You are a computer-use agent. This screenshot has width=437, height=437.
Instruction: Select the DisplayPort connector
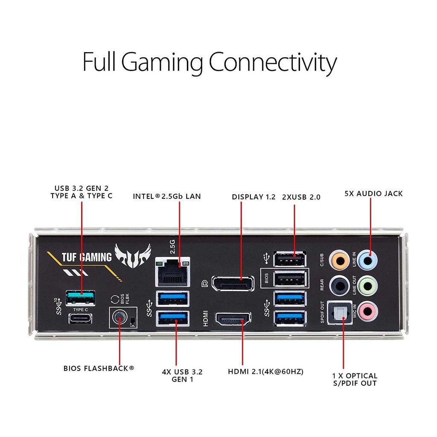pyautogui.click(x=232, y=284)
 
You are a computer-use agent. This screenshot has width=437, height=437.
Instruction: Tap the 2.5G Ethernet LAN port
pyautogui.click(x=173, y=273)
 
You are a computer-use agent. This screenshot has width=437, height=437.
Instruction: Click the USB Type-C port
pyautogui.click(x=80, y=318)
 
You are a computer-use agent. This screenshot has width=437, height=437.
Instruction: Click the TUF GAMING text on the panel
pyautogui.click(x=87, y=257)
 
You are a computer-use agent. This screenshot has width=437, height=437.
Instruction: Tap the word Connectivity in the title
pyautogui.click(x=272, y=62)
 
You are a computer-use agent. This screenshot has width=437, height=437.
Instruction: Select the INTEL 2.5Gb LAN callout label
pyautogui.click(x=166, y=197)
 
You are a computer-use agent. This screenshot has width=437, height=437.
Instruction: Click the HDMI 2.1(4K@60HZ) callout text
pyautogui.click(x=265, y=372)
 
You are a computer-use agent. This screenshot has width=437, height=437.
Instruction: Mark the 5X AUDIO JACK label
pyautogui.click(x=373, y=194)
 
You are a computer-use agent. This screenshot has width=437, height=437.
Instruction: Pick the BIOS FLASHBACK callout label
pyautogui.click(x=99, y=368)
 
